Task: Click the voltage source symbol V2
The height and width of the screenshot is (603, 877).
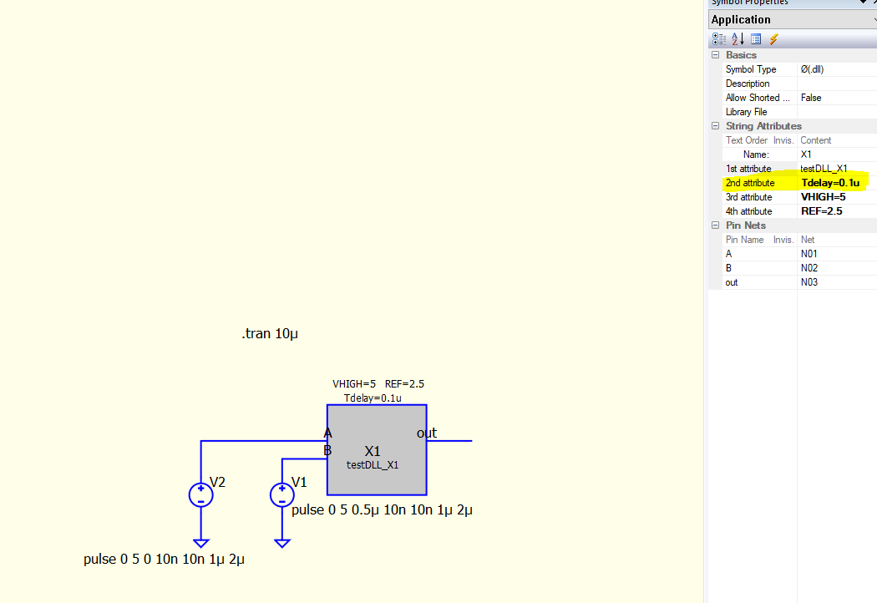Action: click(200, 495)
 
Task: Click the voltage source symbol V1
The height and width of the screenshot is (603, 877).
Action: click(282, 495)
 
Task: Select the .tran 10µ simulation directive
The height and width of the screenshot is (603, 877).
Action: click(270, 333)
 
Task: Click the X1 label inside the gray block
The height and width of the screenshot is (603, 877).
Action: click(373, 451)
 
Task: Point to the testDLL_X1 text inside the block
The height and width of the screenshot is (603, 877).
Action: click(373, 465)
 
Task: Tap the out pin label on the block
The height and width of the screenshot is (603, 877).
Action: click(427, 433)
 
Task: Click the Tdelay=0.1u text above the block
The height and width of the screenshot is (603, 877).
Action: click(373, 398)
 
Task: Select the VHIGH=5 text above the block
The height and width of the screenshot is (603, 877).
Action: click(354, 383)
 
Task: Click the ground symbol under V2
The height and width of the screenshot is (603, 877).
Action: click(200, 543)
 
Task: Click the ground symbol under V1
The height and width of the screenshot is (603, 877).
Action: click(282, 543)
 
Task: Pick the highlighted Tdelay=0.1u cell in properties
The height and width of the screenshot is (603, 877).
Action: click(830, 183)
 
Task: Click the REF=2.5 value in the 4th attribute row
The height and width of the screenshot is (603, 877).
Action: click(822, 211)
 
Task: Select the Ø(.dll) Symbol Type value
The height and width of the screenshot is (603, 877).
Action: click(812, 69)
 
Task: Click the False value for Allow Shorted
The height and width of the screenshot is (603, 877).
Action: click(811, 98)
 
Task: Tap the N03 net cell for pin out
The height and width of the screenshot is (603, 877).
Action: click(809, 282)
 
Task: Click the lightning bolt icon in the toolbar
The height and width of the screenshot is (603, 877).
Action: click(774, 39)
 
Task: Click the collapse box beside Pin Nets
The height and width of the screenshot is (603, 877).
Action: click(715, 225)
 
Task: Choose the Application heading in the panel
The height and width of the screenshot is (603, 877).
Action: click(741, 19)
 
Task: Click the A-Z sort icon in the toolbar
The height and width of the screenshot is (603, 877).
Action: click(738, 39)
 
